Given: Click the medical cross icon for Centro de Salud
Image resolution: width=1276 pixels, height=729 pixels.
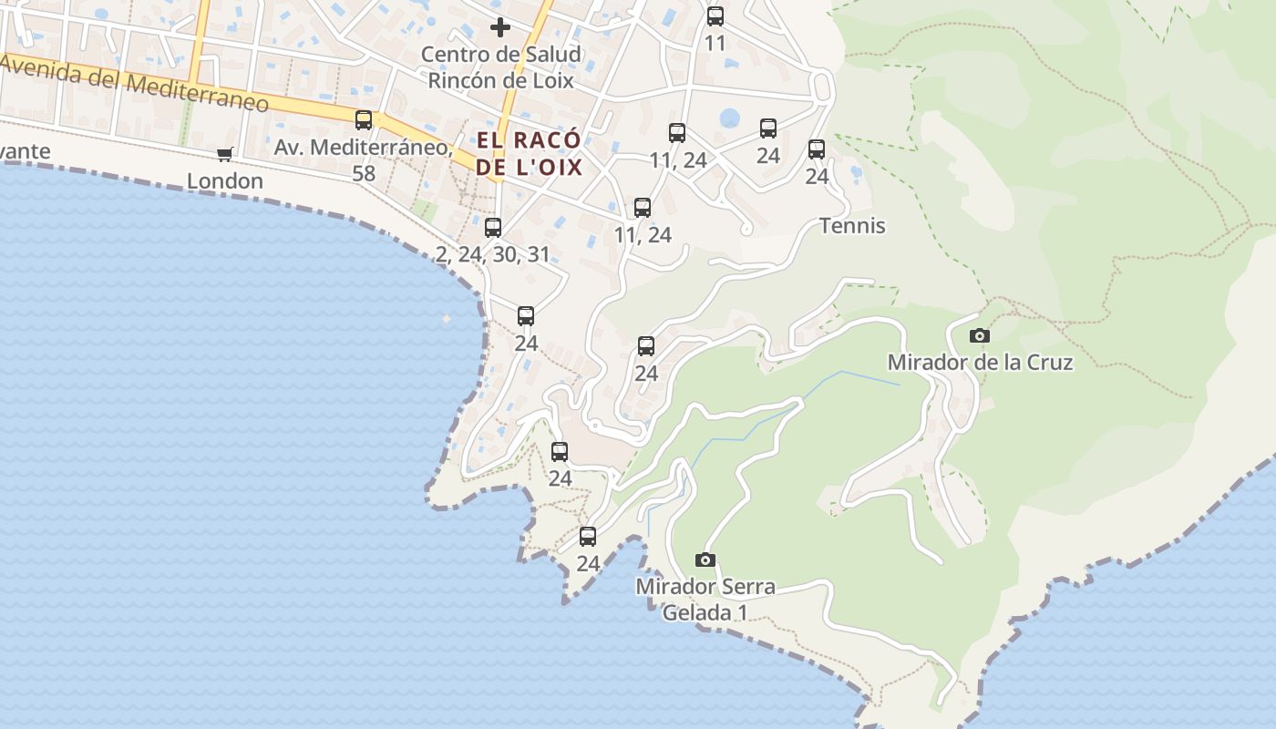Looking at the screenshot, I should click(499, 27).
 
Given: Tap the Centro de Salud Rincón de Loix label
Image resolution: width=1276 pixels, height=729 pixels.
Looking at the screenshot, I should click(500, 67).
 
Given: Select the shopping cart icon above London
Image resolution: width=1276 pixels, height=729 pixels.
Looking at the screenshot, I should click(225, 154).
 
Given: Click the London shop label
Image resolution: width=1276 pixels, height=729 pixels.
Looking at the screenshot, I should click(225, 181).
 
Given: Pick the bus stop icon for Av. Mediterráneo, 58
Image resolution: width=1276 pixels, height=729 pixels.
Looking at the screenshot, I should click(364, 119).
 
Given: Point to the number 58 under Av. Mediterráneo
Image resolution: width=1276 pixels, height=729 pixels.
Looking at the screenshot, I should click(364, 173).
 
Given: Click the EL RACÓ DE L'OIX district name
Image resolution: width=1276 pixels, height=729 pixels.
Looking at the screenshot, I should click(529, 154).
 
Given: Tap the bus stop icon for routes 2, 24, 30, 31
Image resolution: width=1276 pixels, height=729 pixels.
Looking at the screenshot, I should click(493, 227).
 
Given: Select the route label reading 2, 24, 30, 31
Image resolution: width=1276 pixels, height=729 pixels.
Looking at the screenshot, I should click(493, 254).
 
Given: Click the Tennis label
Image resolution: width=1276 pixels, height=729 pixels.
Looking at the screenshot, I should click(852, 226).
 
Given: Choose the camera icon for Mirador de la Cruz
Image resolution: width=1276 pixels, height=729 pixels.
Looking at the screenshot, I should click(980, 335).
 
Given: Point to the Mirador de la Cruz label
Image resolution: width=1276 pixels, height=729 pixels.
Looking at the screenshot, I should click(980, 363).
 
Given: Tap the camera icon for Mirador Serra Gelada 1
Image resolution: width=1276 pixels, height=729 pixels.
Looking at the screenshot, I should click(705, 560).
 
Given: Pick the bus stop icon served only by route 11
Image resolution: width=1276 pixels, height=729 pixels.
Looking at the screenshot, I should click(715, 15).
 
